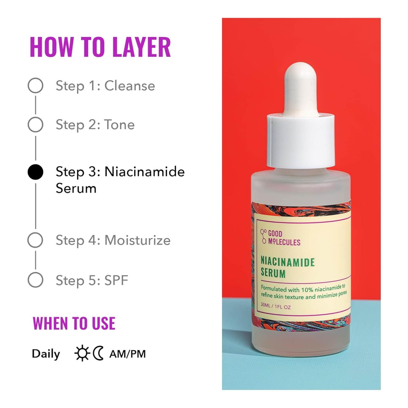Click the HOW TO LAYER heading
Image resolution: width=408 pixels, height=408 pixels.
[100, 47]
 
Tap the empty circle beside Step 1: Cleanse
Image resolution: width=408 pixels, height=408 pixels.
[35, 86]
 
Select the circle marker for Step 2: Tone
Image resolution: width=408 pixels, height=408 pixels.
[35, 125]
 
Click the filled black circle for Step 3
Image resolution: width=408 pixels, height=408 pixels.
[35, 172]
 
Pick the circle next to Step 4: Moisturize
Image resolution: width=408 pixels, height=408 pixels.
[35, 240]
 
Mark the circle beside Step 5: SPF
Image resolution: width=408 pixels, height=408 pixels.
[35, 280]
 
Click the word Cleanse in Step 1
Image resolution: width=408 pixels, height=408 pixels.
[130, 86]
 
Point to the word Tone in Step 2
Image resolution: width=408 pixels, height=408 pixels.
[120, 125]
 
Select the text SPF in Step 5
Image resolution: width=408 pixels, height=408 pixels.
[116, 280]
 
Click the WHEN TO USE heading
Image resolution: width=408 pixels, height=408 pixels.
[74, 323]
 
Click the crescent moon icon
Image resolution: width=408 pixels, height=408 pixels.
[98, 353]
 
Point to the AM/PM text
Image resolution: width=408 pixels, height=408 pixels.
[128, 354]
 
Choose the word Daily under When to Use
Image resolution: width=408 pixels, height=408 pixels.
[46, 354]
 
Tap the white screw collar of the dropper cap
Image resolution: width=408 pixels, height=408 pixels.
[301, 141]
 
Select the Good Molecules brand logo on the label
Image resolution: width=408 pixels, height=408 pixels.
[280, 237]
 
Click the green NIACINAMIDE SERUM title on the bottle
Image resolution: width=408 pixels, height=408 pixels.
[287, 267]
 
